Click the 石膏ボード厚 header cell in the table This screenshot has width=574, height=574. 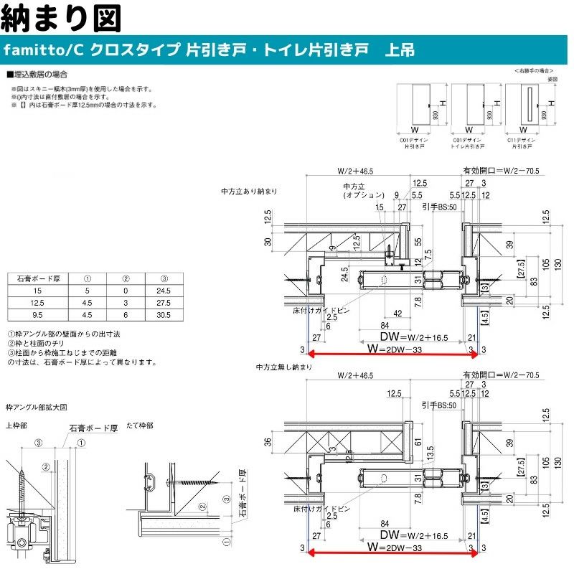coord(37,278)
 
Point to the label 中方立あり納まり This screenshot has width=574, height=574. coord(249,192)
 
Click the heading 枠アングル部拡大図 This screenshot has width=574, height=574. coord(36,407)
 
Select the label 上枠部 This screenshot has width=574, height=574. coord(16,425)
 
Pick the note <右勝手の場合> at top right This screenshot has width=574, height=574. coord(535,71)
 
